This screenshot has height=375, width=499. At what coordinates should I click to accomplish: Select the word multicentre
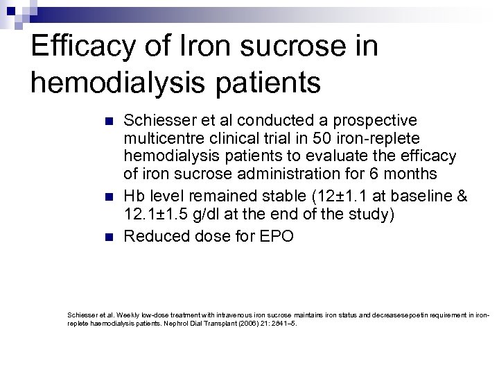161,139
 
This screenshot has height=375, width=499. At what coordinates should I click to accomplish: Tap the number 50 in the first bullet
322,139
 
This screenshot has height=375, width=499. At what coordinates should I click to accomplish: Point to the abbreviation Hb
132,197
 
